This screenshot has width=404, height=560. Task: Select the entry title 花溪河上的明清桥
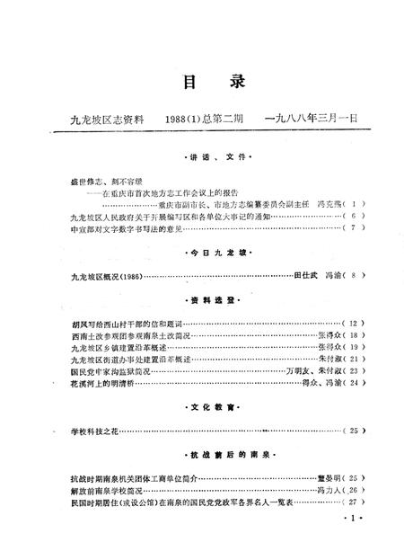(106, 382)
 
